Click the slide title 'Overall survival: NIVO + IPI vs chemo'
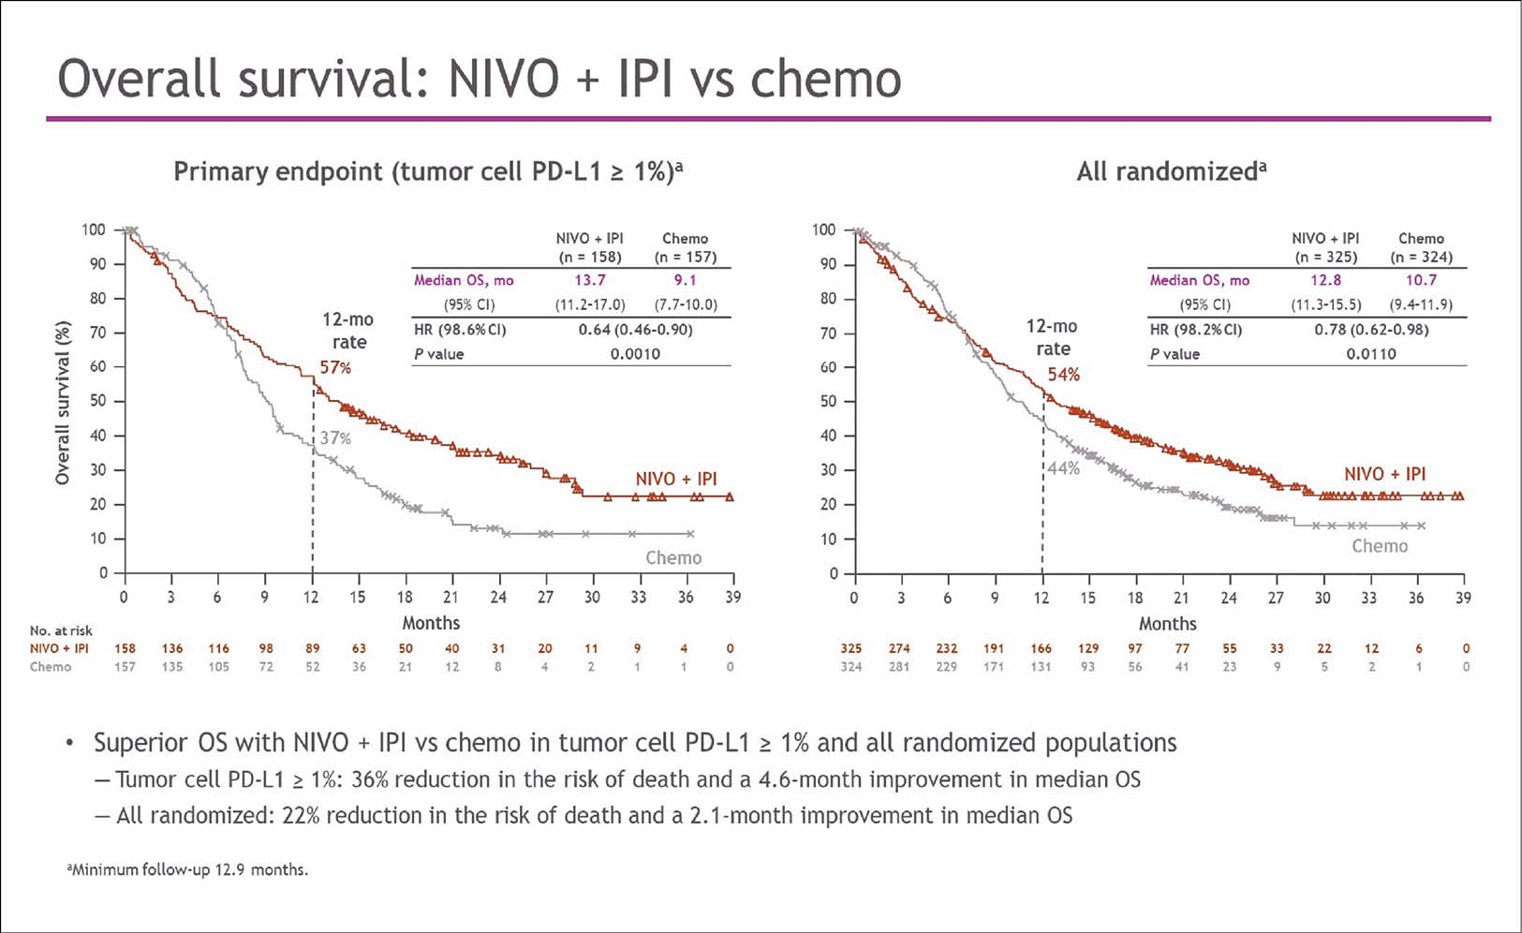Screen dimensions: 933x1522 coord(479,79)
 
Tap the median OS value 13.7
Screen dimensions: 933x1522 coord(589,280)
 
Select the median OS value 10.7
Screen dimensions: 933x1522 coord(1420,280)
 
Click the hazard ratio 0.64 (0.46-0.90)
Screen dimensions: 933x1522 coord(635,330)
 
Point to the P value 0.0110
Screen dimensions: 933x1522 coord(1370,354)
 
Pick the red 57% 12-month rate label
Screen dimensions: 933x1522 coord(335,368)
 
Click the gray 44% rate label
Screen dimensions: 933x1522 coord(1064,467)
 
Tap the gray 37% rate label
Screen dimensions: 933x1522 coord(335,437)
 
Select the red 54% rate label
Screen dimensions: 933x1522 coord(1063,375)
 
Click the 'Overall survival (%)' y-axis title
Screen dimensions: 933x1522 coord(63,402)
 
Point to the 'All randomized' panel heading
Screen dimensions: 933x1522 coord(1171,171)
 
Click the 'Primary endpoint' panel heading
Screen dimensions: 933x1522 coord(428,171)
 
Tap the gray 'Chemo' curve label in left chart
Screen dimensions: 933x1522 coord(672,557)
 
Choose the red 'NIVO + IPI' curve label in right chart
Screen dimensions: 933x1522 coord(1384,474)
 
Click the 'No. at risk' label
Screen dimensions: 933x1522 coord(61,630)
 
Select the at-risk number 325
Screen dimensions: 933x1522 coord(851,648)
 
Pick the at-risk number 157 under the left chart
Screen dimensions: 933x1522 coord(125,667)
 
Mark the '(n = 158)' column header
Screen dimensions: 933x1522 coord(589,257)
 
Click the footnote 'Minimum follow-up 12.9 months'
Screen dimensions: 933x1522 coord(187,869)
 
